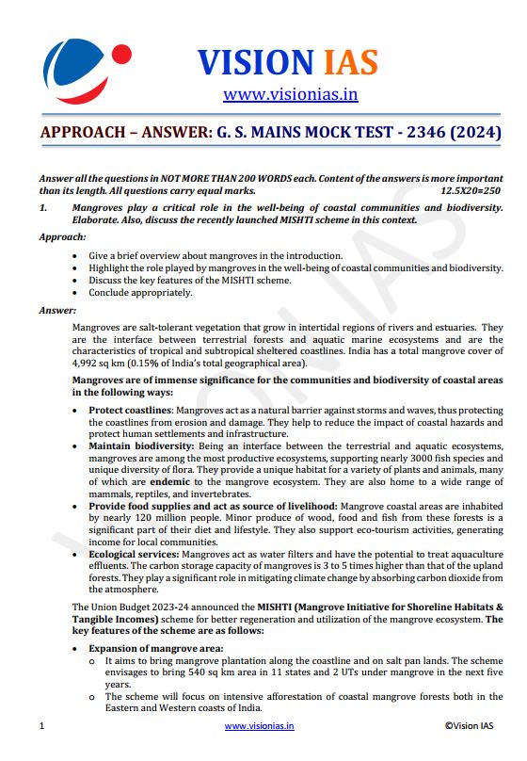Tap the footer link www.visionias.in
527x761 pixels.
(x=259, y=726)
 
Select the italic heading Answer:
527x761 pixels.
(x=57, y=310)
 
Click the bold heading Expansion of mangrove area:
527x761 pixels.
(x=156, y=648)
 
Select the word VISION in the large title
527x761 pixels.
(x=255, y=62)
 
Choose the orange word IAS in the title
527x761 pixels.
(x=348, y=62)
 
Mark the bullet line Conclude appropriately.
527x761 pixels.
(x=141, y=292)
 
